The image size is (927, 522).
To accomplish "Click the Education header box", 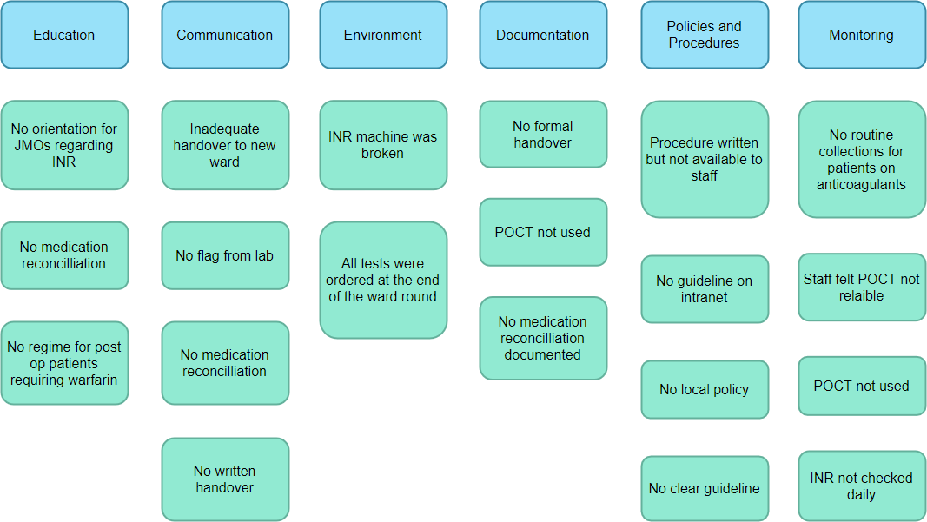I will coord(64,35).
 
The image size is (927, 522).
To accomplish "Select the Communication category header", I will coord(225,35).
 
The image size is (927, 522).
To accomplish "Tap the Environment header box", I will coord(383,35).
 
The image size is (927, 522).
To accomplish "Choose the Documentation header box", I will coord(543,35).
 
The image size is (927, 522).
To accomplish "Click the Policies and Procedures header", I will coord(705,35).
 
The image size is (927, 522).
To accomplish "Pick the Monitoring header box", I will coord(862,35).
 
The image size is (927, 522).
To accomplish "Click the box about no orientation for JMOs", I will coord(64,145).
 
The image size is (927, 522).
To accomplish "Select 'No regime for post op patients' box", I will coord(64,363).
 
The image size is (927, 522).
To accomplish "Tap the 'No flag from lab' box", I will coord(225,255).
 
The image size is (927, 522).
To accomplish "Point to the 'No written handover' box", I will coord(225,479).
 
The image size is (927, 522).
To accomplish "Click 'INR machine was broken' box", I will coord(383,145).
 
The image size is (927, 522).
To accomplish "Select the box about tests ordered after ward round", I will coord(383,280).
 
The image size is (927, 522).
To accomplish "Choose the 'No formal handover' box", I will coord(543,135).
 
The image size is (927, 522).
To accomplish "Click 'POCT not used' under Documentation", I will coord(543,232).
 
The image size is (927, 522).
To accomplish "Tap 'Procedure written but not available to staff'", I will coord(705,159).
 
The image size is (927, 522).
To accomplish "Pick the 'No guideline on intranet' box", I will coord(705,289).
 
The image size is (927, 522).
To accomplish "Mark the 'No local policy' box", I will coord(705,389).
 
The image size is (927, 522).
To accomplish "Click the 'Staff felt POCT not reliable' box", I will coord(862,287).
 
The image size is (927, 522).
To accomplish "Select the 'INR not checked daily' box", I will coord(862,486).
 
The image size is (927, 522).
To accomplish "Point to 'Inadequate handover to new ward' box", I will coord(225,145).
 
